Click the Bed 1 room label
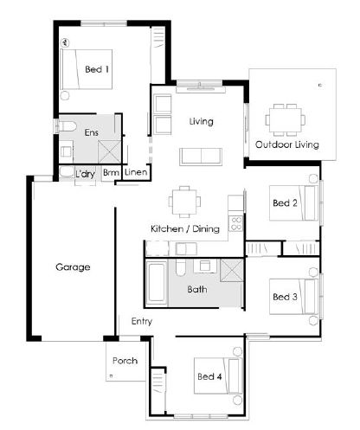point(97,69)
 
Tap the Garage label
point(73,267)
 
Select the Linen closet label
point(136,172)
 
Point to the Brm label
point(111,172)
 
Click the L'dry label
point(85,174)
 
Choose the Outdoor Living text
point(287,144)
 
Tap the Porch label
point(125,361)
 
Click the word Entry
point(142,321)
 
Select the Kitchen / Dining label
point(185,229)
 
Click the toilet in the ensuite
point(67,126)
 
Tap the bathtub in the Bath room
point(157,282)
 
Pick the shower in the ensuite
point(109,152)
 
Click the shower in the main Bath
point(232,270)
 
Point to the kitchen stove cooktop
point(236,224)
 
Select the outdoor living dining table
point(285,120)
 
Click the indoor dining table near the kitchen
point(184,202)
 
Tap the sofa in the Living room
point(201,157)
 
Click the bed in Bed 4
point(218,375)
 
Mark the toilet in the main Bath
point(180,268)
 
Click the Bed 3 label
point(285,297)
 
